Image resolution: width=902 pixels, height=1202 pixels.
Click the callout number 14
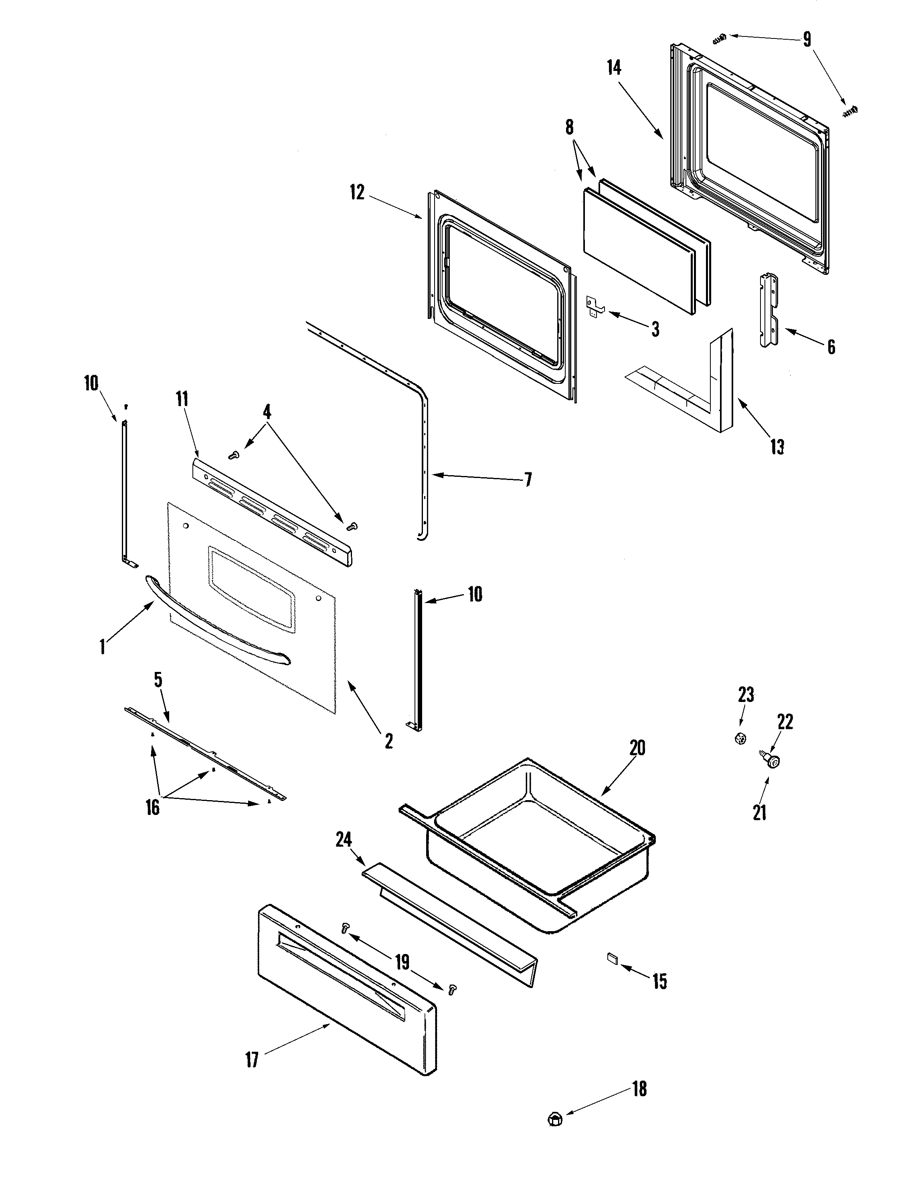(614, 69)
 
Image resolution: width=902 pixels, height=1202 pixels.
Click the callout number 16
(153, 823)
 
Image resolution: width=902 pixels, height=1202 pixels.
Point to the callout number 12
(357, 192)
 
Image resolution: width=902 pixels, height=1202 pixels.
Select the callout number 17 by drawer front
(252, 1060)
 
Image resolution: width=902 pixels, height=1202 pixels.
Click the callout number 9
(806, 39)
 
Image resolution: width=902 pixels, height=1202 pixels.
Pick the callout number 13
(777, 447)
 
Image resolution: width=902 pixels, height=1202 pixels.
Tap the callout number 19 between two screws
(402, 962)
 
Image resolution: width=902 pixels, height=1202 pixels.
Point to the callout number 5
(158, 680)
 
